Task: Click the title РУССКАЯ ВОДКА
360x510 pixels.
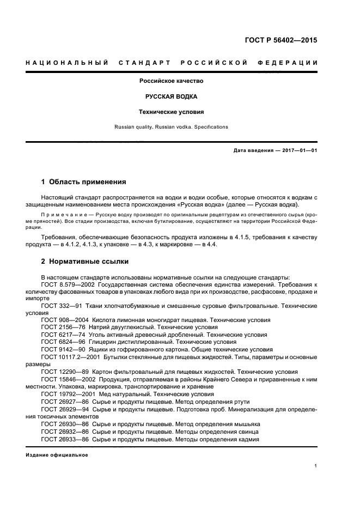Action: click(x=171, y=96)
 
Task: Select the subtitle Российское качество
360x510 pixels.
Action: click(x=171, y=81)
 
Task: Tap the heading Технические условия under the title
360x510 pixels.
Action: click(x=171, y=112)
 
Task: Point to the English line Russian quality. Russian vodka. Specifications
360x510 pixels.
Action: click(x=171, y=127)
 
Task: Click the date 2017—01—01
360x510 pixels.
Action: click(x=298, y=150)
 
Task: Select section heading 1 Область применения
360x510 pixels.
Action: click(x=83, y=182)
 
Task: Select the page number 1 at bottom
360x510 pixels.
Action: click(x=316, y=466)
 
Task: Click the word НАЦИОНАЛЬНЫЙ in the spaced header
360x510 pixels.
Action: click(x=65, y=63)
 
